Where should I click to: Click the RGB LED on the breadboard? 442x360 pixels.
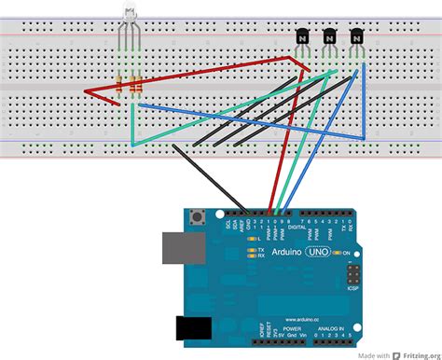tap(129, 16)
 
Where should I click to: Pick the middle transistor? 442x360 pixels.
tap(329, 38)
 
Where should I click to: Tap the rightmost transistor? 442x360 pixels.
tap(356, 38)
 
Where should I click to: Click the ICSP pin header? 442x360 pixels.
tap(354, 274)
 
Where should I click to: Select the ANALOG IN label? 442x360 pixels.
tap(329, 329)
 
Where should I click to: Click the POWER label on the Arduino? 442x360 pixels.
tap(292, 329)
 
